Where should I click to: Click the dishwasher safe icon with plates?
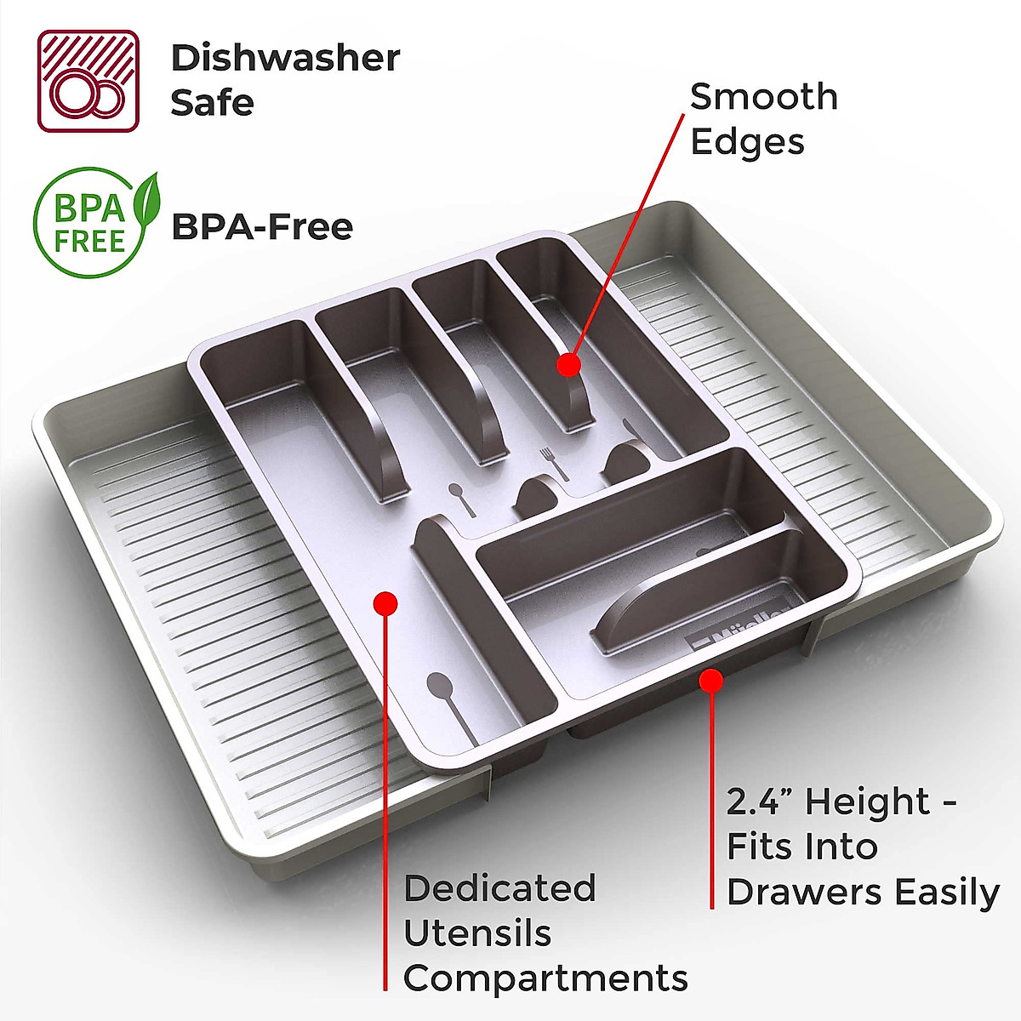[x=88, y=82]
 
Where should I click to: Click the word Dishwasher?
[x=285, y=59]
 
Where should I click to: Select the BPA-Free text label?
[x=262, y=227]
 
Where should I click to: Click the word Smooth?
[x=763, y=97]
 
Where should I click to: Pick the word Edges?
[x=747, y=142]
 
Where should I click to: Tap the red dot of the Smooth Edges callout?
[x=568, y=365]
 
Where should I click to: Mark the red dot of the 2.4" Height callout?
[x=711, y=681]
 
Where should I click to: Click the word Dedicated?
[x=499, y=888]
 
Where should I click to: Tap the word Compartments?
[x=545, y=978]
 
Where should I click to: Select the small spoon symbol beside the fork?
[x=460, y=499]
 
